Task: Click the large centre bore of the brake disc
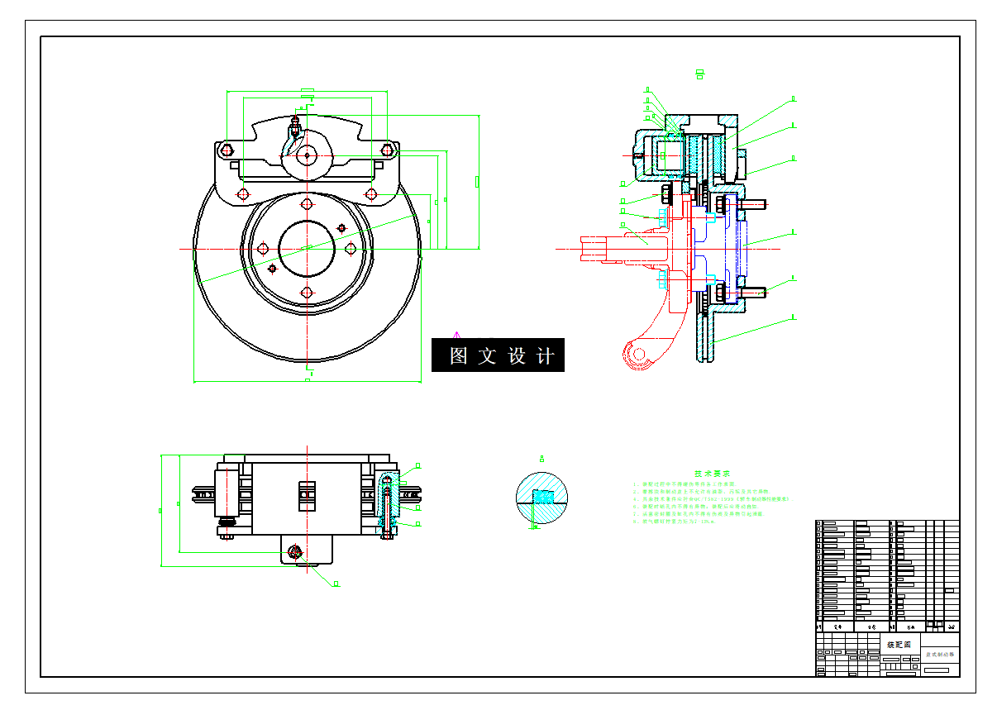tap(307, 247)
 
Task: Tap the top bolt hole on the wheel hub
tap(307, 204)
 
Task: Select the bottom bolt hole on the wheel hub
tap(307, 292)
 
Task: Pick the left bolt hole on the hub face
tap(263, 248)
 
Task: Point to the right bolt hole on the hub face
tap(351, 248)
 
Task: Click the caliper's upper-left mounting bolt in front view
tap(227, 150)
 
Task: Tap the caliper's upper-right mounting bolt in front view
tap(387, 150)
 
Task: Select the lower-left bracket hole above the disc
tap(242, 193)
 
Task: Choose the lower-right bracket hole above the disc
tap(371, 194)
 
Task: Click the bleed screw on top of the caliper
tap(294, 126)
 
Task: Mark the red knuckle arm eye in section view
tap(637, 355)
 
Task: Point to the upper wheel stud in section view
tap(754, 203)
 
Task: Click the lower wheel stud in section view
tap(754, 291)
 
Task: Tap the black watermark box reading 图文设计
tap(498, 355)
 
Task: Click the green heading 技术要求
tap(711, 474)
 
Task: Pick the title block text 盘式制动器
tap(938, 654)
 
